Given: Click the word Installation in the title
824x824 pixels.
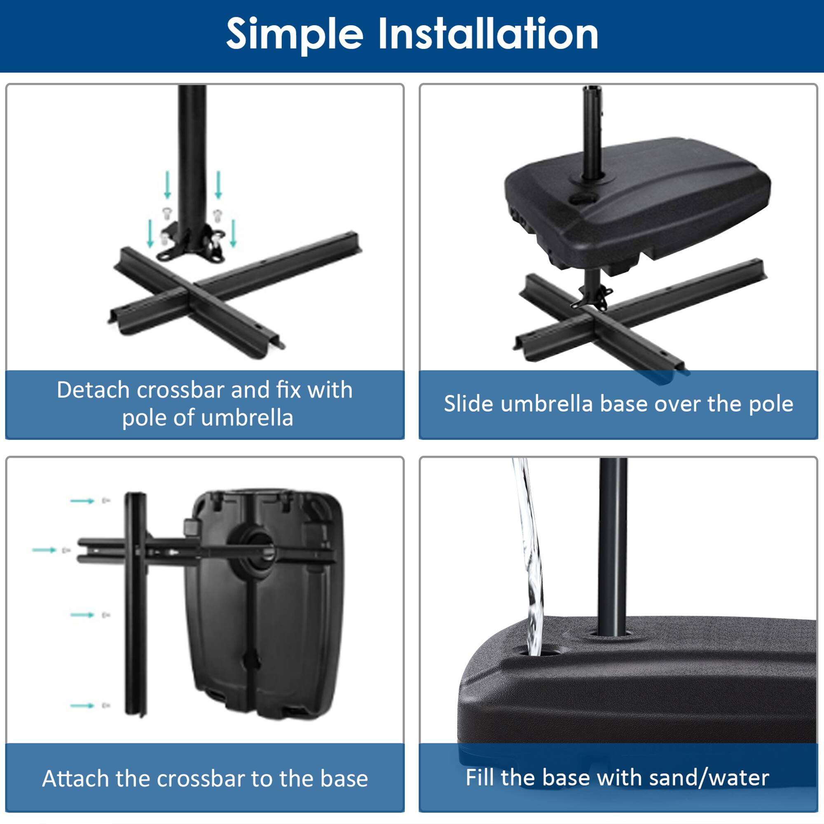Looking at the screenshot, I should tap(488, 34).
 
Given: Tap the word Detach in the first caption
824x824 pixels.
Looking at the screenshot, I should tap(93, 390).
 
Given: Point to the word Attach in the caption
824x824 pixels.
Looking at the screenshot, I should tap(75, 779).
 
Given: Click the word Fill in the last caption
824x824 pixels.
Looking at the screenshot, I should tap(480, 778).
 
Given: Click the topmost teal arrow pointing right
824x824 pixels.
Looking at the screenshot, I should tap(82, 501).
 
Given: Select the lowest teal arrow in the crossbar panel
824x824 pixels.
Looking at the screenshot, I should tap(82, 706).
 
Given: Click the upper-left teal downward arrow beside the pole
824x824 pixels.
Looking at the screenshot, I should tap(168, 185).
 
